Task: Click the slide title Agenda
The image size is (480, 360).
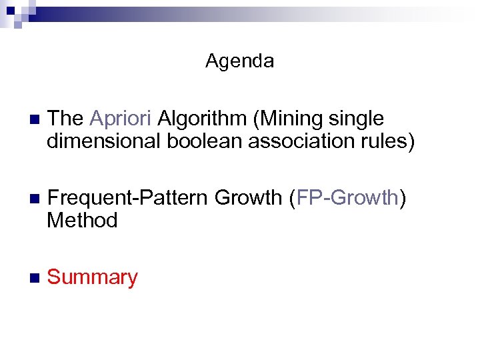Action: coord(239,61)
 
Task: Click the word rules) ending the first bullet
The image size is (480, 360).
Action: coord(385,142)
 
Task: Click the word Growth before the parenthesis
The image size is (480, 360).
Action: coord(248,198)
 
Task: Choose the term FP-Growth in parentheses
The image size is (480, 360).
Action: coord(347,198)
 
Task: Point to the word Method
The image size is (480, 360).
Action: coord(82,221)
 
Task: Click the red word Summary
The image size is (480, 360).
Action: coord(93,277)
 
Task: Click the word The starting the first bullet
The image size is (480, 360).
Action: coord(65,119)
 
